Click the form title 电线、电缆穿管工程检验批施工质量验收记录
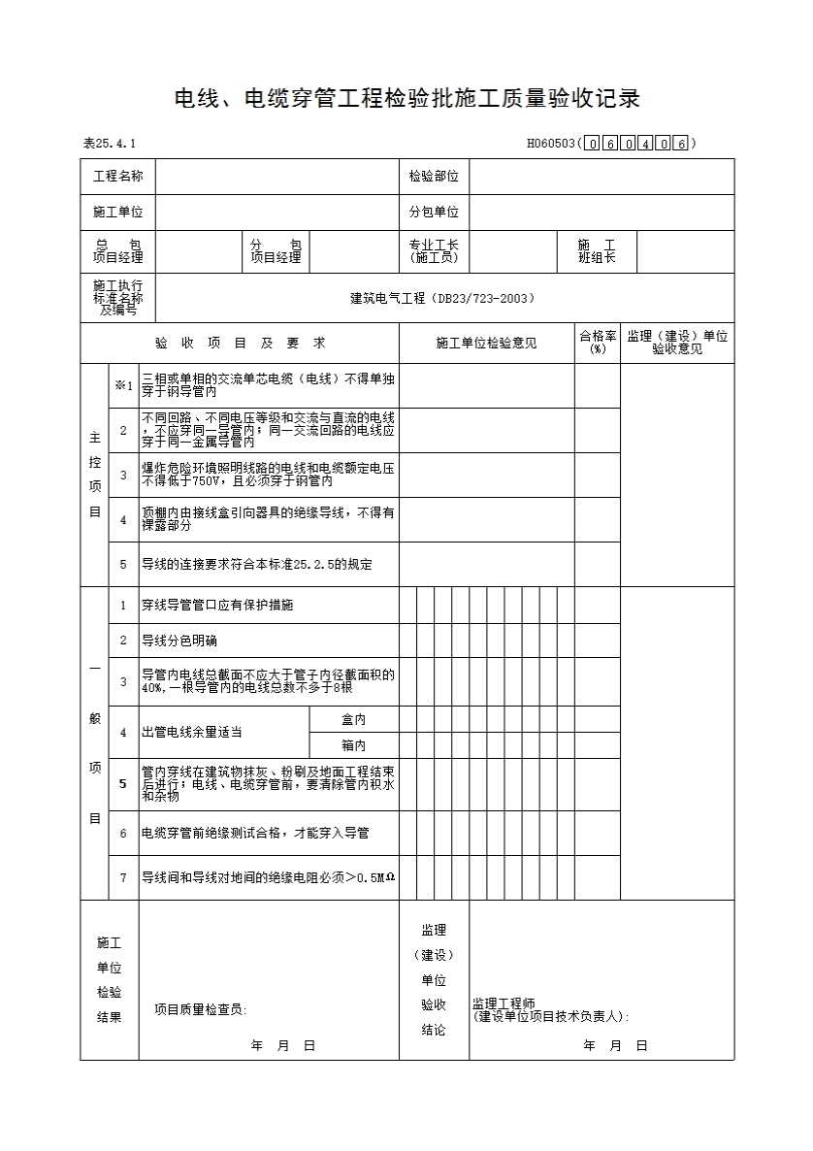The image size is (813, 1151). pyautogui.click(x=406, y=99)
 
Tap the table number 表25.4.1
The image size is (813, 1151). pyautogui.click(x=110, y=145)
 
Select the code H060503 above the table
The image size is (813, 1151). pyautogui.click(x=550, y=145)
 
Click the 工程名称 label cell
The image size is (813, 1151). pyautogui.click(x=117, y=177)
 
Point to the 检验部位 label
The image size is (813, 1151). pyautogui.click(x=434, y=177)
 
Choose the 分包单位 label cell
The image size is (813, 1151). pyautogui.click(x=434, y=213)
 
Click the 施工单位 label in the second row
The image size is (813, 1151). pyautogui.click(x=117, y=213)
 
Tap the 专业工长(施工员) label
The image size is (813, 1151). pyautogui.click(x=434, y=251)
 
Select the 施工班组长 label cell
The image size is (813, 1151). pyautogui.click(x=597, y=251)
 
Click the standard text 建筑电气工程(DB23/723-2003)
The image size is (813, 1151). pyautogui.click(x=442, y=299)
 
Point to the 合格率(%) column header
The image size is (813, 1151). pyautogui.click(x=598, y=343)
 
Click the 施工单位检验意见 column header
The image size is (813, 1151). pyautogui.click(x=486, y=344)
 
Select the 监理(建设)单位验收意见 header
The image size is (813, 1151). pyautogui.click(x=677, y=343)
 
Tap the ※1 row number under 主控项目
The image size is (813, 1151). pyautogui.click(x=122, y=385)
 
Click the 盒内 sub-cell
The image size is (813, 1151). pyautogui.click(x=353, y=720)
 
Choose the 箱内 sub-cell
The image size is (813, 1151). pyautogui.click(x=353, y=746)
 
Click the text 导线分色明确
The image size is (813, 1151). pyautogui.click(x=179, y=641)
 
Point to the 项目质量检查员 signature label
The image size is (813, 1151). pyautogui.click(x=200, y=1010)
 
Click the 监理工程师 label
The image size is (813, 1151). pyautogui.click(x=504, y=1003)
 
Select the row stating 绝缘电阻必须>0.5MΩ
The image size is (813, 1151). pyautogui.click(x=268, y=877)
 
